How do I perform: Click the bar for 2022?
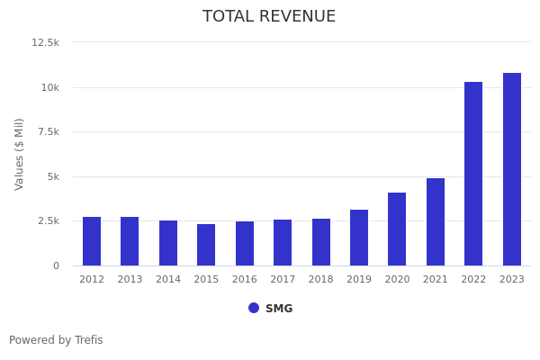pos(473,174)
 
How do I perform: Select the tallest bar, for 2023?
pos(512,169)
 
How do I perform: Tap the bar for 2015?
pos(206,245)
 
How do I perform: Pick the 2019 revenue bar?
pos(359,238)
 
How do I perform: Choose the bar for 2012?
pos(92,241)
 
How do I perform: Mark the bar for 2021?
pos(436,221)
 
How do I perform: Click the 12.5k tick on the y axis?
pos(46,42)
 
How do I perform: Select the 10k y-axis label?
pos(49,87)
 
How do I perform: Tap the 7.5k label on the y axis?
pos(47,131)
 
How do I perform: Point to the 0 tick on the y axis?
pos(56,265)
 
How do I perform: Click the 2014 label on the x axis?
pos(168,280)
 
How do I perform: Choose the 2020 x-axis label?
pos(397,280)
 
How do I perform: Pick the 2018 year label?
pos(321,280)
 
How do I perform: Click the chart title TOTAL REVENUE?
pos(269,17)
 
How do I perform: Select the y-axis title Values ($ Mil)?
pos(20,154)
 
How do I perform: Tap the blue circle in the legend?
pos(254,308)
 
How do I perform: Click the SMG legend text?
pos(279,309)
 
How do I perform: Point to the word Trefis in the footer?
pos(88,340)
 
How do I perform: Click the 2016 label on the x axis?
pos(245,280)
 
